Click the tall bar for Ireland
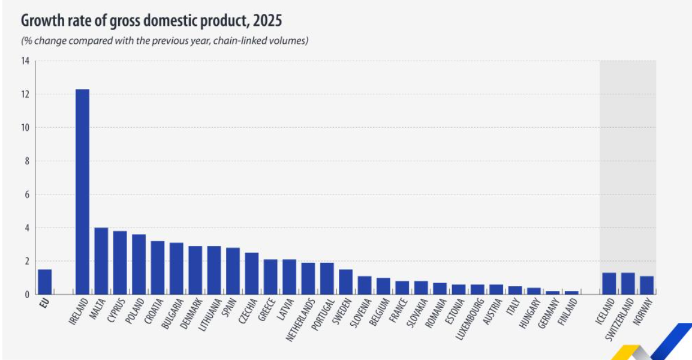(x=82, y=192)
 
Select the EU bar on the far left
(x=44, y=282)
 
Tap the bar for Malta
(x=101, y=261)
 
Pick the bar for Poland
(x=139, y=265)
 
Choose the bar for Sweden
(x=345, y=282)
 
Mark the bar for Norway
(x=646, y=285)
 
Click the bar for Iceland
(x=609, y=284)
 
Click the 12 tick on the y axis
(x=25, y=94)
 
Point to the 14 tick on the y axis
(x=25, y=61)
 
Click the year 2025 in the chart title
(x=267, y=21)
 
